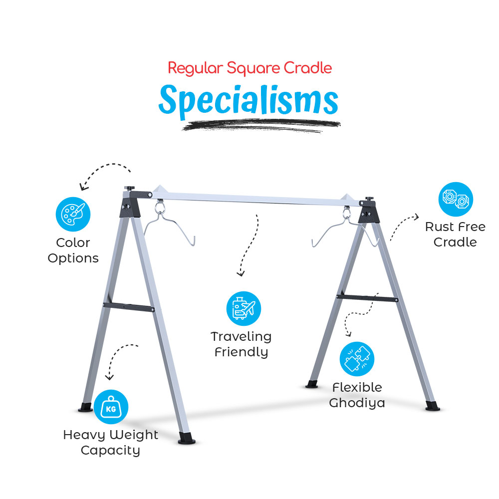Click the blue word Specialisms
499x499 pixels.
[x=248, y=101]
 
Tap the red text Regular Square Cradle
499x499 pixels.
[x=249, y=68]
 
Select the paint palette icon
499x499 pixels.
[x=73, y=215]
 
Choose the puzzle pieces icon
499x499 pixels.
[x=357, y=359]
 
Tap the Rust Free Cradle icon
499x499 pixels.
[x=456, y=199]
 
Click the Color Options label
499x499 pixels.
[x=73, y=250]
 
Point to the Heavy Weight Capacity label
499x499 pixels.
[x=110, y=443]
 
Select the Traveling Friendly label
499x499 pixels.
[x=241, y=344]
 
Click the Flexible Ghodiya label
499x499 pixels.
[x=357, y=395]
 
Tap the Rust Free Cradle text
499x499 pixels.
[x=455, y=235]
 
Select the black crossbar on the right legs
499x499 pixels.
[x=367, y=297]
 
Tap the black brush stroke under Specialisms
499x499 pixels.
[x=259, y=125]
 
